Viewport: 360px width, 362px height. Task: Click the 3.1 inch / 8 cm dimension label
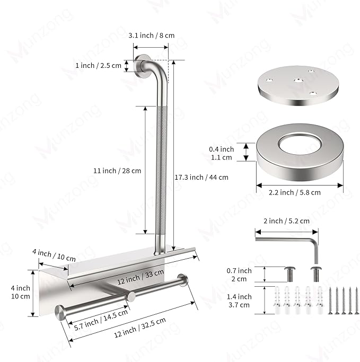tap(152, 36)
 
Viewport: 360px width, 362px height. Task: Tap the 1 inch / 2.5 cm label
tap(99, 66)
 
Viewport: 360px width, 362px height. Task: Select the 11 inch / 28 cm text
tap(117, 171)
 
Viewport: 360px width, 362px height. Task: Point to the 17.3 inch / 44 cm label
tap(201, 178)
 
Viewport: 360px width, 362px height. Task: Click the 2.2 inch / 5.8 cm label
tap(295, 192)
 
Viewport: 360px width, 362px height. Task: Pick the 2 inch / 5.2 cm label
tap(286, 221)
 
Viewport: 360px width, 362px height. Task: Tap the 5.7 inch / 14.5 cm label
tap(101, 320)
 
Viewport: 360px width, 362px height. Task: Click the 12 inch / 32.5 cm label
tap(140, 328)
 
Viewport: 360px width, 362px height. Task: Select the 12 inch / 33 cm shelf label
tap(141, 277)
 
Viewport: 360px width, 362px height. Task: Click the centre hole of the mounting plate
tap(298, 81)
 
